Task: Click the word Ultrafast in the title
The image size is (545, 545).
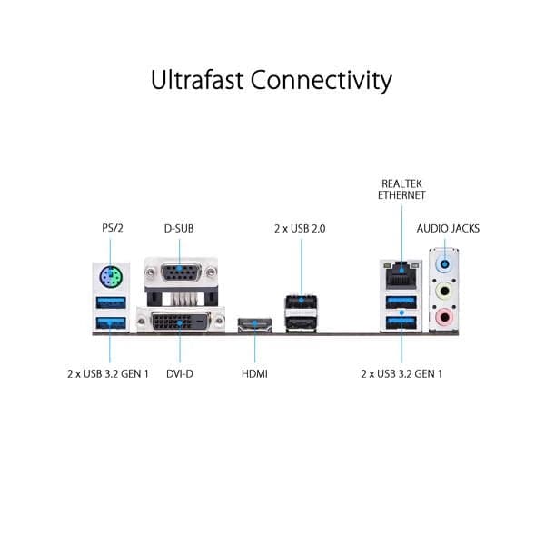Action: coord(195,80)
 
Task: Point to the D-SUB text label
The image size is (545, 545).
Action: coord(178,228)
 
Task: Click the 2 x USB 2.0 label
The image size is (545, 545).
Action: coord(299,228)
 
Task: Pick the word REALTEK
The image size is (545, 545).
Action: coord(402,183)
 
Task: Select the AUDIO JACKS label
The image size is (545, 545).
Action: coord(448,228)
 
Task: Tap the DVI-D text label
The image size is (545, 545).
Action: coord(180,373)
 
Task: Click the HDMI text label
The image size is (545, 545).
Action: coord(255,373)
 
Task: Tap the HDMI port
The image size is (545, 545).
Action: coord(255,325)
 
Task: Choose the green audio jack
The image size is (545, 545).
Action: coord(444,292)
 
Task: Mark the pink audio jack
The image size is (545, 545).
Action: coord(444,318)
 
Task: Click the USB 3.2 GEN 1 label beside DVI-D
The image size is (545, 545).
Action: coord(108,373)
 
